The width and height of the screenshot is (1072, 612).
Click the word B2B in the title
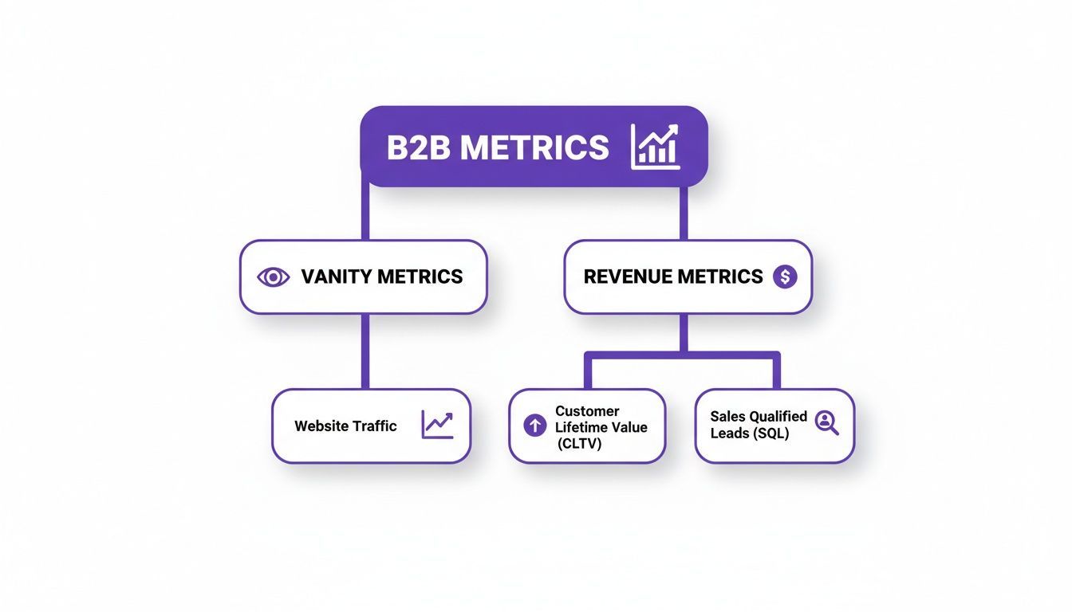[x=417, y=148]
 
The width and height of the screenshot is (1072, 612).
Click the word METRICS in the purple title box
[x=535, y=148]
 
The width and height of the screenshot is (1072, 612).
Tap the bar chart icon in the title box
[x=655, y=147]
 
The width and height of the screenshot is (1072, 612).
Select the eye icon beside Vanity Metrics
[x=274, y=277]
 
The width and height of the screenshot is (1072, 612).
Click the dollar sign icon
[x=785, y=277]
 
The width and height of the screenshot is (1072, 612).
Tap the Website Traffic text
[x=345, y=426]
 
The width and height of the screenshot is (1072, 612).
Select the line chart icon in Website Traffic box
[x=437, y=425]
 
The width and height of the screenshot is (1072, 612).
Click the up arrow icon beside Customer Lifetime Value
[x=534, y=426]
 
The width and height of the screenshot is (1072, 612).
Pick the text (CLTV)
[x=580, y=443]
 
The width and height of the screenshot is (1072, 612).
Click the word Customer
[x=587, y=411]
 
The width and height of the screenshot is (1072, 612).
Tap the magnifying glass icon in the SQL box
[x=827, y=423]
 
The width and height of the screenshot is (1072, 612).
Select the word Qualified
[x=777, y=416]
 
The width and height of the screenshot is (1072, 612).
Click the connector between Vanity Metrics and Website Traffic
[x=365, y=351]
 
